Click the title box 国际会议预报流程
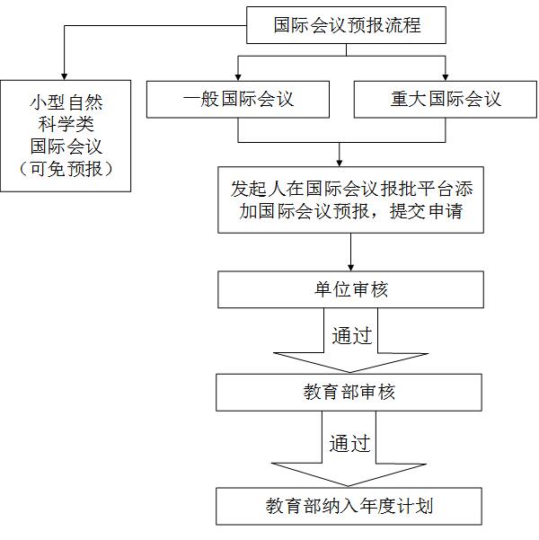click(x=346, y=25)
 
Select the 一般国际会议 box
click(x=238, y=99)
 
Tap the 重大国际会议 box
click(x=446, y=99)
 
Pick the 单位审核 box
click(x=350, y=289)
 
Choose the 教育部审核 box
click(x=349, y=393)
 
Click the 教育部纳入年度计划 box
click(x=349, y=506)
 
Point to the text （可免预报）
click(x=66, y=169)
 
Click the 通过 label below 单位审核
click(x=352, y=335)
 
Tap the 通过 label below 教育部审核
click(x=350, y=443)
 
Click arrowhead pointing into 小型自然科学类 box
click(x=64, y=76)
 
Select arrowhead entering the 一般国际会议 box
click(x=238, y=77)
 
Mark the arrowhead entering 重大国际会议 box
click(x=446, y=77)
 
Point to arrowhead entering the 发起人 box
click(x=340, y=164)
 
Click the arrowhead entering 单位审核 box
click(x=350, y=268)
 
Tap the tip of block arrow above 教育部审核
click(x=350, y=372)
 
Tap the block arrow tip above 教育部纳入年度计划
click(x=349, y=486)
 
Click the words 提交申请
click(x=426, y=211)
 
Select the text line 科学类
click(x=66, y=124)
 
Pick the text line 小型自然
click(x=66, y=102)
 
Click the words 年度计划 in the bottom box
click(x=396, y=506)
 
